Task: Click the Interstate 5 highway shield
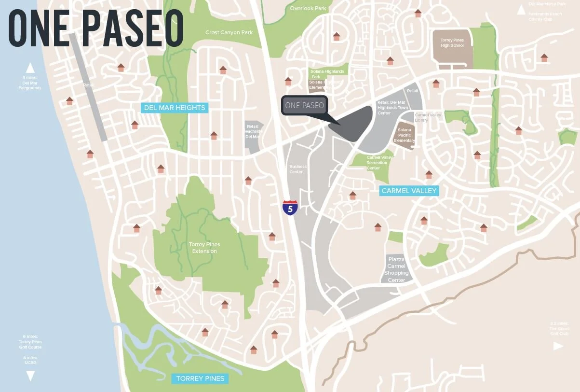coord(290,208)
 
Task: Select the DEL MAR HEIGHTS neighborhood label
coord(175,108)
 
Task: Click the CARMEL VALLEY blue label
coord(409,191)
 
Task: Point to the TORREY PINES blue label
coord(200,378)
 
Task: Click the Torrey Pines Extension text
coord(204,248)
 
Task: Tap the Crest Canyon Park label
coord(229,32)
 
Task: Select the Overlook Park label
coord(308,8)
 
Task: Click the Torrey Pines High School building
coord(452,48)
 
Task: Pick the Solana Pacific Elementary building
coord(405,135)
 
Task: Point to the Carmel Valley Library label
coord(428,117)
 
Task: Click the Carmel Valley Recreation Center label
coord(380,163)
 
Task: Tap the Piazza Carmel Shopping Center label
coord(396,270)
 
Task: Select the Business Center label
coord(298,169)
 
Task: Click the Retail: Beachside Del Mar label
coord(253,131)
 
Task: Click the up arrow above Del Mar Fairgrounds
coord(30,68)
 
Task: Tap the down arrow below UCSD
coord(30,376)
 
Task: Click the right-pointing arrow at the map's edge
coord(558,346)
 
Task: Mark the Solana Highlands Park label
coord(327,74)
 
